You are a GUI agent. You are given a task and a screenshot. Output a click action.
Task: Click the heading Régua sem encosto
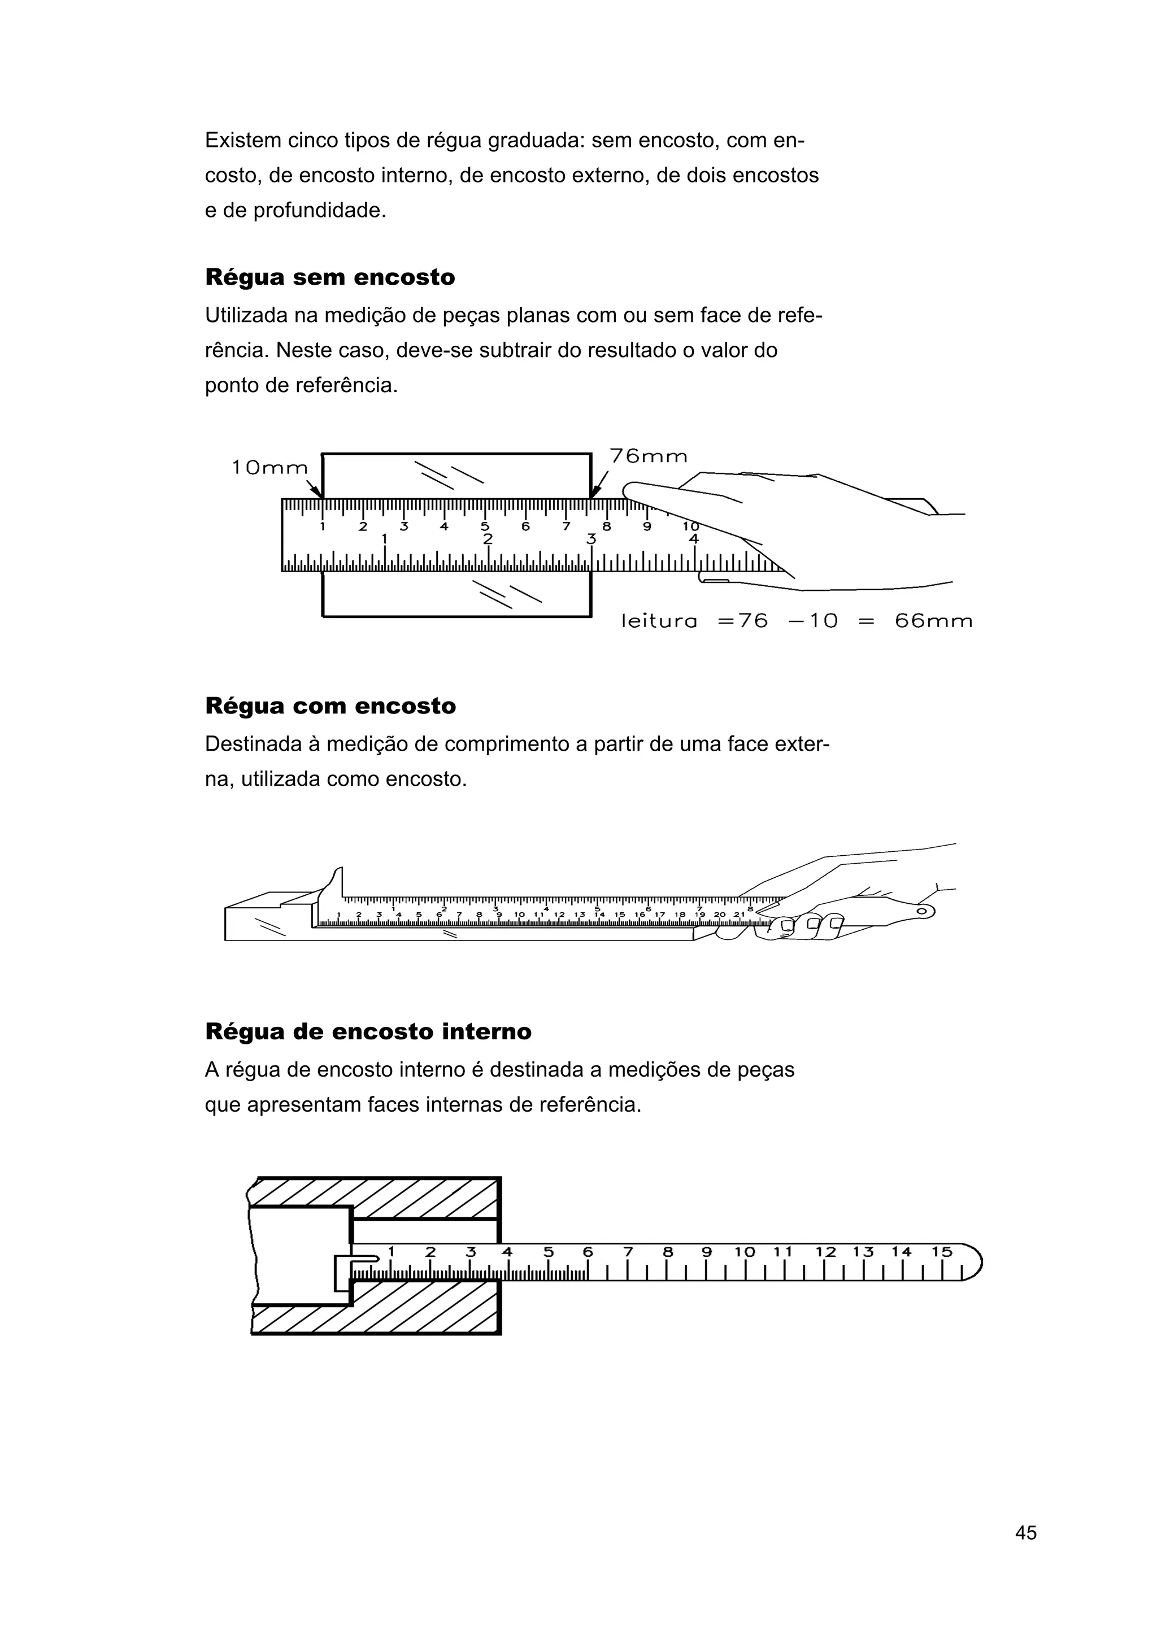click(329, 277)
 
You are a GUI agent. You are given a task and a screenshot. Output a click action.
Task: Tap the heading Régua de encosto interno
click(368, 1031)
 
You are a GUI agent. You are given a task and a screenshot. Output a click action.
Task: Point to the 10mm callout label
click(269, 468)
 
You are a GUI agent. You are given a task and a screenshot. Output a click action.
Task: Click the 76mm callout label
click(648, 456)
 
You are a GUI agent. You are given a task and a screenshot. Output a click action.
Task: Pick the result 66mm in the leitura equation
click(933, 621)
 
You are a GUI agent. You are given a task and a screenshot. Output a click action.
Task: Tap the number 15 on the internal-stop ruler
click(941, 1252)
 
